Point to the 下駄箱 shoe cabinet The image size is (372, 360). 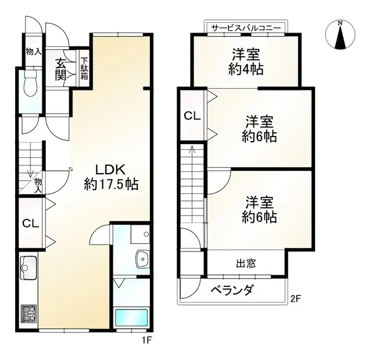tap(84, 69)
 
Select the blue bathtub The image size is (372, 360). tap(131, 318)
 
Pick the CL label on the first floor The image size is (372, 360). tap(30, 223)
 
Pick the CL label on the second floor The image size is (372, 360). tap(192, 115)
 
